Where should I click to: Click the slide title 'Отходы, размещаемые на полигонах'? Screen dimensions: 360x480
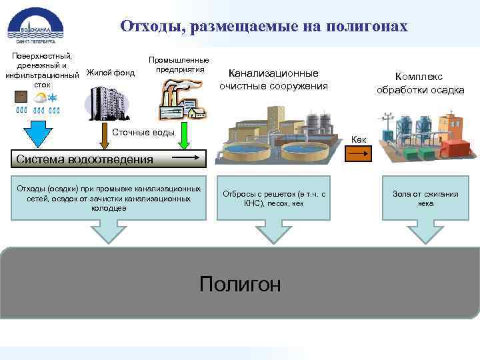[x=263, y=26]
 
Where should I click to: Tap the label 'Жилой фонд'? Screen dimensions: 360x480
[x=111, y=73]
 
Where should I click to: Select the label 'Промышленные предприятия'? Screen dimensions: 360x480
[x=178, y=65]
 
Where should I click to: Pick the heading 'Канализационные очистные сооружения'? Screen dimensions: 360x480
[x=273, y=79]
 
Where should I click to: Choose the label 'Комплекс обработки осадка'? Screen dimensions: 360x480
[x=420, y=83]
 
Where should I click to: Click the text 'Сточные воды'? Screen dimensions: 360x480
[x=143, y=132]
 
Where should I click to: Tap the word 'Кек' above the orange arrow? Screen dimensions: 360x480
[x=358, y=139]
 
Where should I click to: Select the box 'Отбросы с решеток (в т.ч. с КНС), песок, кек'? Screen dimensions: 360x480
[x=274, y=199]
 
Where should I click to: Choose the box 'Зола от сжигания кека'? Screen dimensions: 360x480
[x=425, y=199]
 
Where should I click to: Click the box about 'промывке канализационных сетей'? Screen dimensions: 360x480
[x=109, y=199]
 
